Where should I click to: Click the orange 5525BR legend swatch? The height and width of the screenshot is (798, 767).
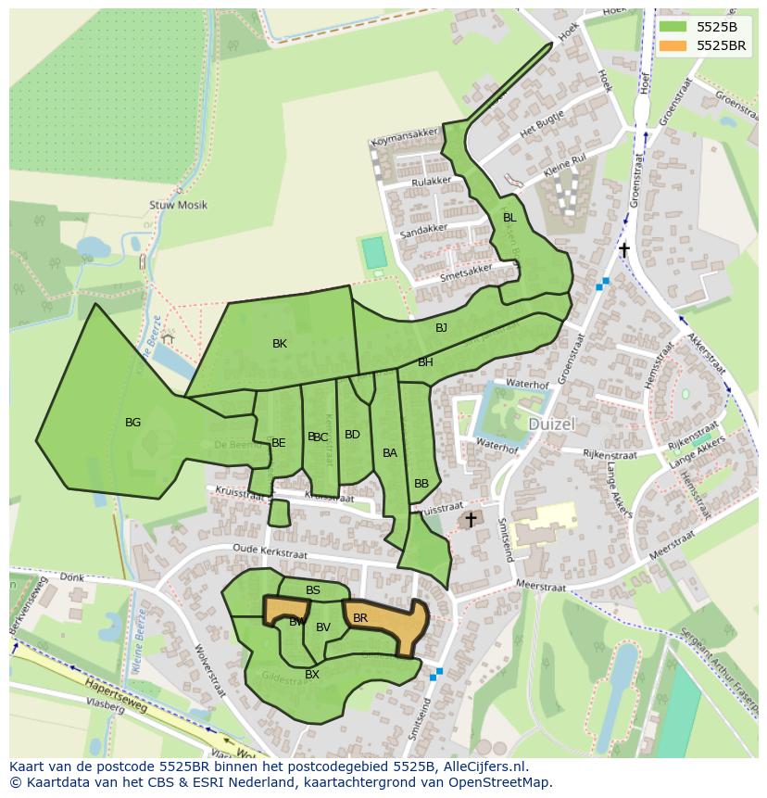[673, 45]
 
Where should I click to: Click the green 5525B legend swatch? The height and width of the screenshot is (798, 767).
[673, 26]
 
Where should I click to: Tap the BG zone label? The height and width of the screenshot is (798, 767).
[132, 423]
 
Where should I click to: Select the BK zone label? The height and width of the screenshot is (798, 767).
[280, 344]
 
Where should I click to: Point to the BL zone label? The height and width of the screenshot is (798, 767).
[509, 218]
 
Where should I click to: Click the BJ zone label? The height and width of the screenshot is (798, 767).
[441, 328]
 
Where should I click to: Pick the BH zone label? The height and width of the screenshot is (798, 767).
[425, 362]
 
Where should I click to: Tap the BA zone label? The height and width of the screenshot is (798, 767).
[390, 453]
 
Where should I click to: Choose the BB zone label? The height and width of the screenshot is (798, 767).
[421, 484]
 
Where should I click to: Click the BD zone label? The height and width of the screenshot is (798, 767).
[352, 435]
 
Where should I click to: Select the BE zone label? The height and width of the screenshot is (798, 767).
[278, 443]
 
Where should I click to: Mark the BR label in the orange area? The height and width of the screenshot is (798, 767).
[360, 618]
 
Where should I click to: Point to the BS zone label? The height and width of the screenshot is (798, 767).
[313, 590]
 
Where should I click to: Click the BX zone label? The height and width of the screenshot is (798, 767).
[312, 675]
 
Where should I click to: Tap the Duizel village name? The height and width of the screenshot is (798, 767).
[552, 424]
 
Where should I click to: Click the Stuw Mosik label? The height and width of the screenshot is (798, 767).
[178, 205]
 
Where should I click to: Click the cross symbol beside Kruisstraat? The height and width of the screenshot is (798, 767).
[471, 520]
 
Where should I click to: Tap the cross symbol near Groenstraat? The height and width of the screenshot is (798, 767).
[624, 250]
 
